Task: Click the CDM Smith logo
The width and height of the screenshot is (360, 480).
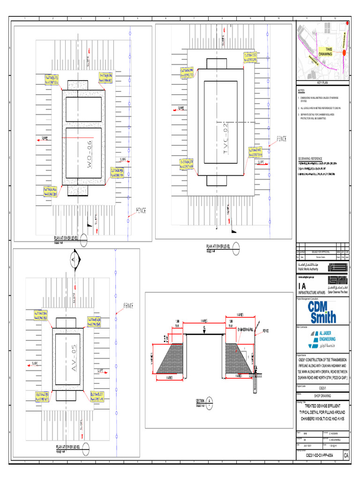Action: [x=322, y=311]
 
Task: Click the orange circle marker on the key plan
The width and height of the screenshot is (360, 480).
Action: [x=344, y=53]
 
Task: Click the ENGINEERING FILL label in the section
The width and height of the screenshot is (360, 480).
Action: [x=245, y=330]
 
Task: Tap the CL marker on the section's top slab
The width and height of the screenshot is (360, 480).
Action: [x=205, y=329]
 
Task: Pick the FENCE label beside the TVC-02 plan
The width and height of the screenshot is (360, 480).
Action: [x=281, y=139]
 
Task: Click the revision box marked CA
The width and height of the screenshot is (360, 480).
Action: [x=346, y=455]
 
